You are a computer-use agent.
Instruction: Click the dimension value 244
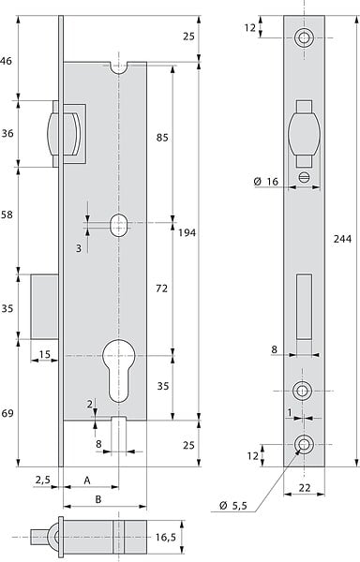(x=342, y=239)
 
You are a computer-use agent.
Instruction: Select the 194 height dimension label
(x=187, y=233)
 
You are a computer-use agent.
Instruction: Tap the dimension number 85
(x=162, y=138)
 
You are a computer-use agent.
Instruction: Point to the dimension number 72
(x=161, y=288)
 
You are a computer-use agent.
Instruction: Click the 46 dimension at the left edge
(x=6, y=61)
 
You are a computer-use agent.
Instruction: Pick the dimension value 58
(x=7, y=214)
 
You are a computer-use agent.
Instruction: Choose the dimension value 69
(x=7, y=413)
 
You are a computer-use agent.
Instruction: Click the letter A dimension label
(x=87, y=481)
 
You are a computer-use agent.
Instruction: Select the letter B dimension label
(x=97, y=499)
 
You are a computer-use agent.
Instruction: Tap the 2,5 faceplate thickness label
(x=43, y=480)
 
